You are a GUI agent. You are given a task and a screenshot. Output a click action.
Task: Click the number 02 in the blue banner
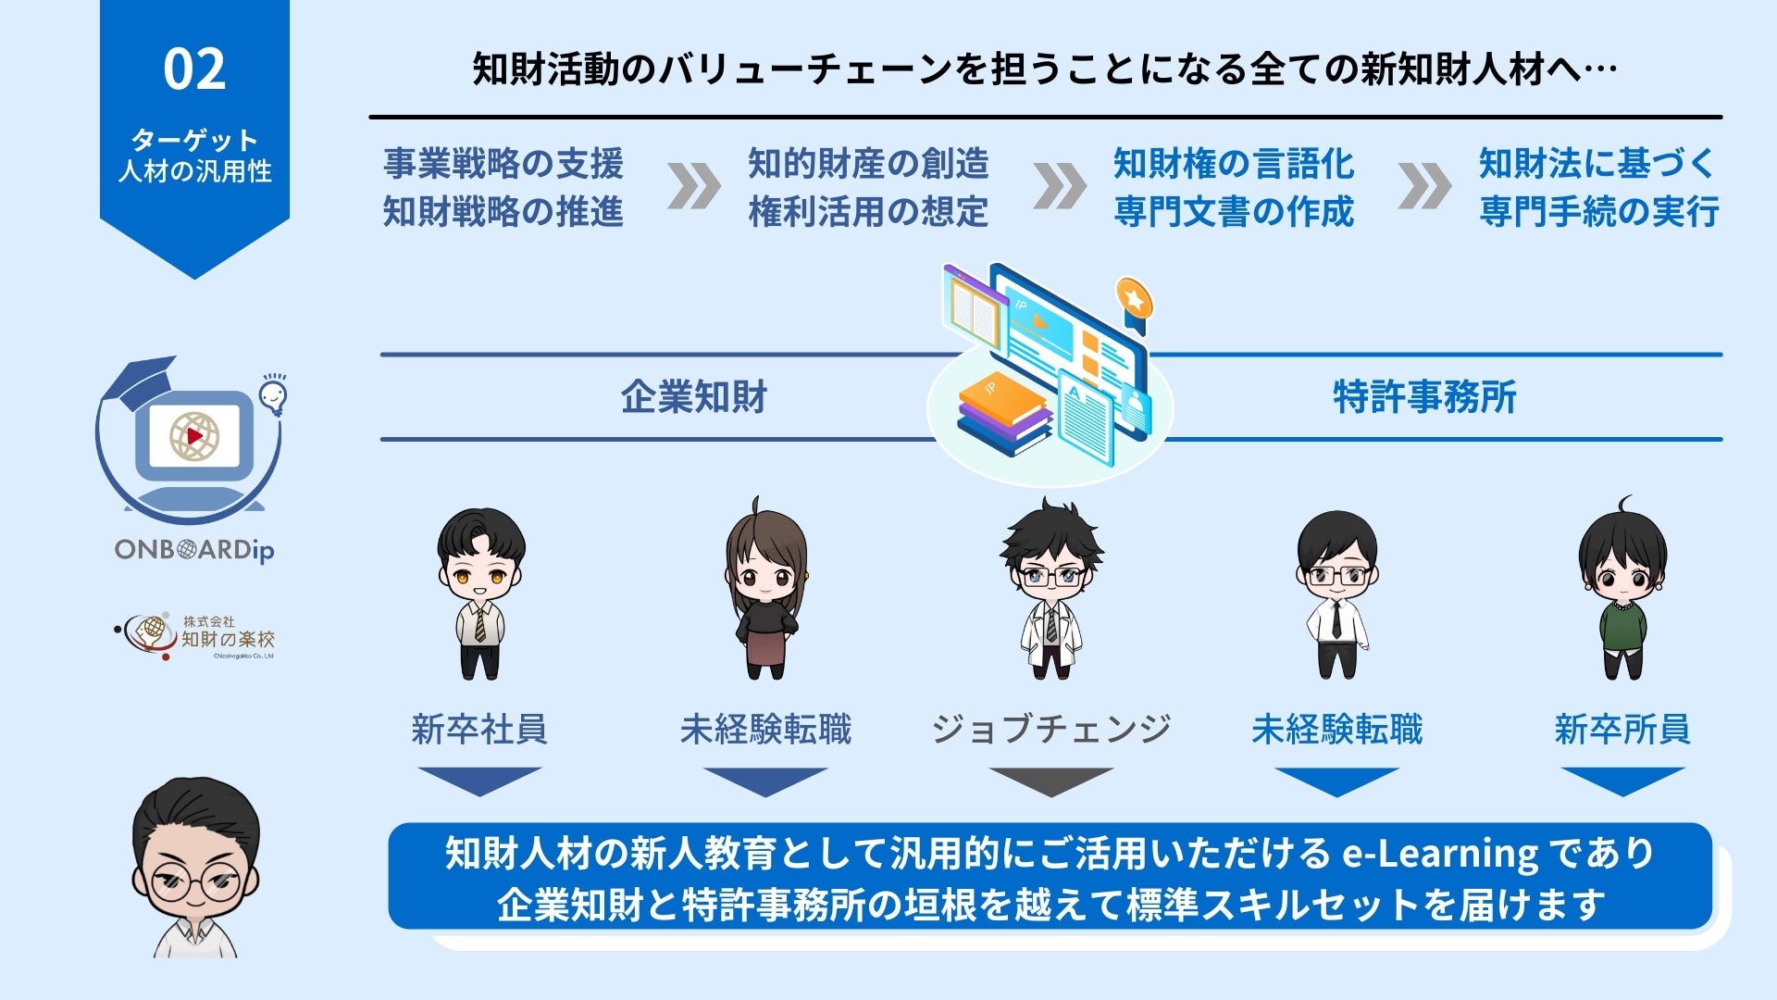[x=194, y=69]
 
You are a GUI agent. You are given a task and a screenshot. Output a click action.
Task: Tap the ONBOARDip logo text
[x=194, y=550]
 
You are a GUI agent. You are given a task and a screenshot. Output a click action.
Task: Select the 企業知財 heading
[x=694, y=397]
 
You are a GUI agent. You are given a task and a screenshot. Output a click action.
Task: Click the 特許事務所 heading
[x=1424, y=397]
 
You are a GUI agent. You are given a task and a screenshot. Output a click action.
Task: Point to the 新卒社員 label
[x=479, y=730]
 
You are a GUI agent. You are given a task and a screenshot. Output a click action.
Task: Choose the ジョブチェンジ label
[x=1050, y=730]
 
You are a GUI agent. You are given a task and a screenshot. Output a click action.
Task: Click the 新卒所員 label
[x=1622, y=730]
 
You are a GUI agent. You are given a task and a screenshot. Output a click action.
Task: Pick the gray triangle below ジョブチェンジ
[x=1050, y=781]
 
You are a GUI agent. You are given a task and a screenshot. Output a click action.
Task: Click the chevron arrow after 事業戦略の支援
[x=693, y=186]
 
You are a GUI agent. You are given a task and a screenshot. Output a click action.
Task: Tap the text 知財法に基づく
[x=1597, y=164]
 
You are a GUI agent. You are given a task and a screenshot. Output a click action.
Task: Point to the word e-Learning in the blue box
[x=1440, y=853]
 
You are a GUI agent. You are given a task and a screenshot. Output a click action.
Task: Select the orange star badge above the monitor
[x=1134, y=297]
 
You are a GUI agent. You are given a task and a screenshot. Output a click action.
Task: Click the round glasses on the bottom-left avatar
[x=194, y=881]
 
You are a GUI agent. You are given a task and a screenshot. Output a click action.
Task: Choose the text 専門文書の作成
[x=1233, y=212]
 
